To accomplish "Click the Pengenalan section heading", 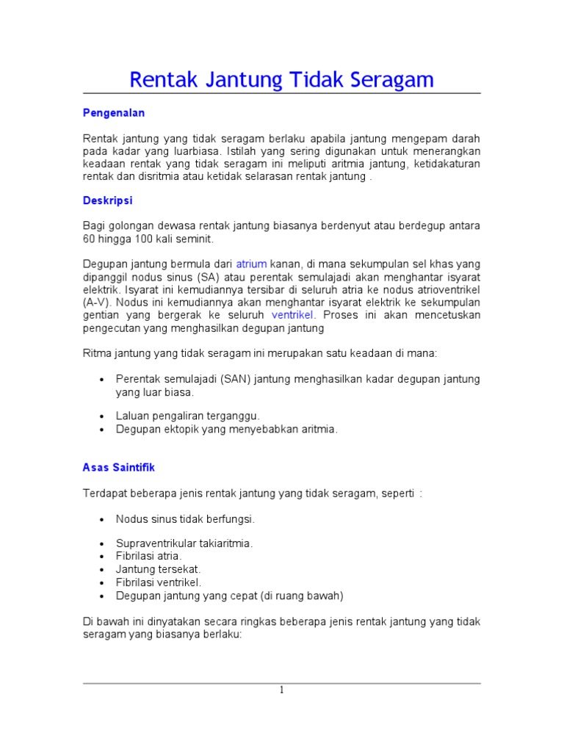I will (x=113, y=112).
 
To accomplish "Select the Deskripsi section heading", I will (x=107, y=200).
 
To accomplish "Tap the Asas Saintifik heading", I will (x=118, y=467).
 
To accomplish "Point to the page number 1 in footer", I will (x=281, y=690).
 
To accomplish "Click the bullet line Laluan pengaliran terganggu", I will (x=188, y=416).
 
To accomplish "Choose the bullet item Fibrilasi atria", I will (x=148, y=556).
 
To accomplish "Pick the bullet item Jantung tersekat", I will (x=158, y=569).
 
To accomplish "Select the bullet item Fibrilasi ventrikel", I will (x=159, y=582).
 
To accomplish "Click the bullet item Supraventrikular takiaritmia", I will (x=184, y=543).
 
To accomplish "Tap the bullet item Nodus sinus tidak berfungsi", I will (x=185, y=518).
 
